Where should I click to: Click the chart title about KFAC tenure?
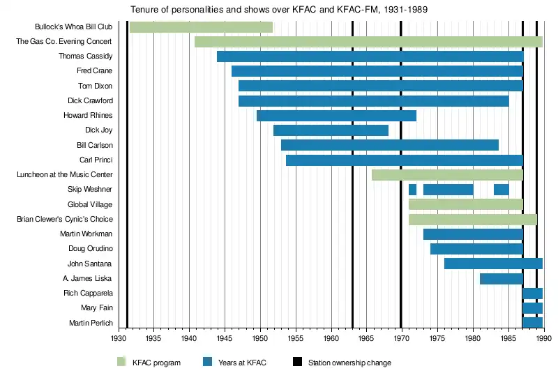tap(279, 10)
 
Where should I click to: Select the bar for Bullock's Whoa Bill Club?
tap(201, 27)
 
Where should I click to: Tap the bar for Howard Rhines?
tap(336, 116)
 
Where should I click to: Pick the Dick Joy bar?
tap(331, 130)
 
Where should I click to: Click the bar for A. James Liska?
tap(501, 279)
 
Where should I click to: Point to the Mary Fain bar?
tap(532, 308)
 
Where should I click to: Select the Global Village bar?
tap(466, 204)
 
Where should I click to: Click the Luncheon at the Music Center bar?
tap(447, 175)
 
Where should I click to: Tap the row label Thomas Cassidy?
tap(85, 56)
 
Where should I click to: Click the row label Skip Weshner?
tap(90, 190)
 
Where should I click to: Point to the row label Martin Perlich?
tap(91, 323)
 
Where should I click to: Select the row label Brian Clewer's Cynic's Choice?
tap(64, 220)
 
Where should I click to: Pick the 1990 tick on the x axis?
tap(544, 339)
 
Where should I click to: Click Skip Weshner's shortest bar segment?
tap(412, 190)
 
